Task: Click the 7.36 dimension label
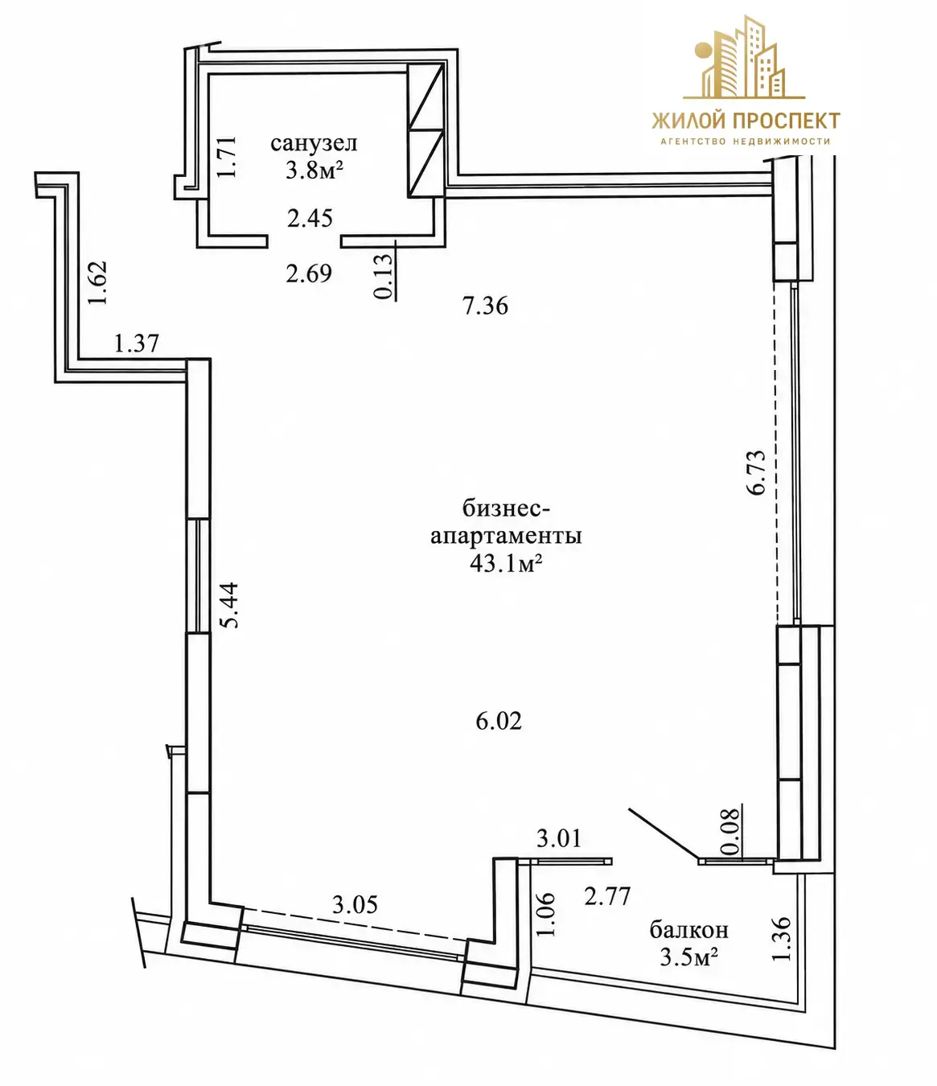pyautogui.click(x=485, y=306)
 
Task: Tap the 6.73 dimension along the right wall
pyautogui.click(x=758, y=472)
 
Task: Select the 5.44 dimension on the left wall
pyautogui.click(x=229, y=605)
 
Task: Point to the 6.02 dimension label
pyautogui.click(x=499, y=722)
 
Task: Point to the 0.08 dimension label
pyautogui.click(x=730, y=831)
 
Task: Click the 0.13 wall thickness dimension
pyautogui.click(x=384, y=277)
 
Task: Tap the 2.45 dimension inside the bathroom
pyautogui.click(x=310, y=217)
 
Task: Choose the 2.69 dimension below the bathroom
pyautogui.click(x=309, y=274)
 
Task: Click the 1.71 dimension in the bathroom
pyautogui.click(x=228, y=157)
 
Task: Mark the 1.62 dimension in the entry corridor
pyautogui.click(x=97, y=282)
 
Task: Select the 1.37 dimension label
pyautogui.click(x=136, y=343)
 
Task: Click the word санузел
pyautogui.click(x=314, y=143)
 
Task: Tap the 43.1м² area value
pyautogui.click(x=506, y=563)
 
